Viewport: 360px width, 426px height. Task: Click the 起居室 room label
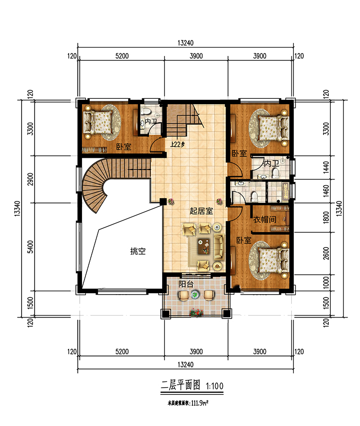201,211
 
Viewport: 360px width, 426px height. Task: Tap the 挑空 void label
138,251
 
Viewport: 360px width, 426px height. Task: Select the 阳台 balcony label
186,284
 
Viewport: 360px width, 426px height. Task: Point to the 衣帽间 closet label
265,219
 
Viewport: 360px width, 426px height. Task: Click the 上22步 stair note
178,144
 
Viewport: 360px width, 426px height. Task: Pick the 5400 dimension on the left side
31,247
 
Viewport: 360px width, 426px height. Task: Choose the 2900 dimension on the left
31,179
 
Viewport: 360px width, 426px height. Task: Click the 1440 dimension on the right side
326,167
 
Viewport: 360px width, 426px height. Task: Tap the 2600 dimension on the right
326,253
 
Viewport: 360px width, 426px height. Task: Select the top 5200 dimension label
122,56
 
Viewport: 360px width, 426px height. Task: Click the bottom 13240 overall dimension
185,365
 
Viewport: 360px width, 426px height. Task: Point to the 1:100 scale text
215,386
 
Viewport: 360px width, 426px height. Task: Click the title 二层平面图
180,386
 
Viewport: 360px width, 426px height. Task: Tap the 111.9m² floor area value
200,403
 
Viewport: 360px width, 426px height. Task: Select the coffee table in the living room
204,247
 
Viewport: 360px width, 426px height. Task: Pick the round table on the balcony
195,294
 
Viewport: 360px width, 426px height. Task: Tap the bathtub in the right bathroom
285,190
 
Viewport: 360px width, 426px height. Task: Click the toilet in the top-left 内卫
146,112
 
